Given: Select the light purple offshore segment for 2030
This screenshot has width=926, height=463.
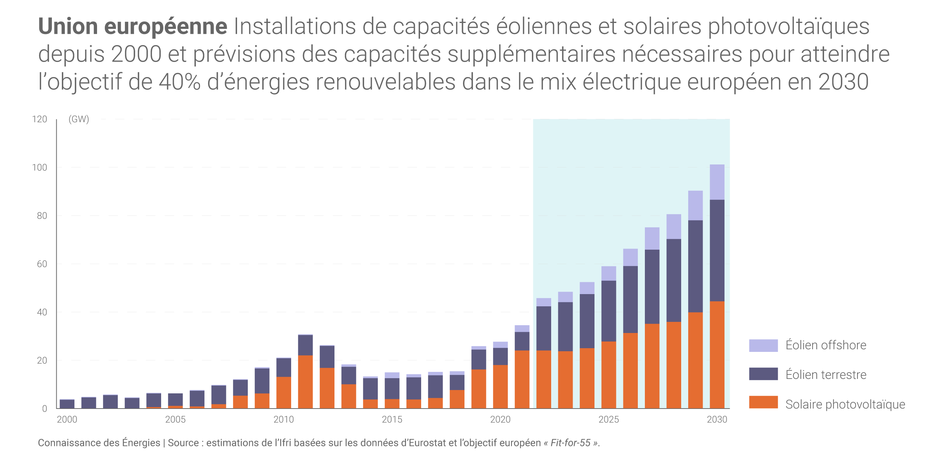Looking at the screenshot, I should (717, 182).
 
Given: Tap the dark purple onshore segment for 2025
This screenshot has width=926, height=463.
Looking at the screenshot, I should (609, 311).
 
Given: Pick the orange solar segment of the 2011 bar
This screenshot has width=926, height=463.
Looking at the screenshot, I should (305, 382).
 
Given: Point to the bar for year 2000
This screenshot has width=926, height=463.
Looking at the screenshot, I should (67, 404).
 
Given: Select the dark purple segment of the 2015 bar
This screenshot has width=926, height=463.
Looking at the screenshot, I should (392, 388).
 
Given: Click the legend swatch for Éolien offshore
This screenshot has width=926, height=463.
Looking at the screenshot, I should (763, 345).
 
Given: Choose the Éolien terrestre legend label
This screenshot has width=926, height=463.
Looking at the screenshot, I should (826, 374).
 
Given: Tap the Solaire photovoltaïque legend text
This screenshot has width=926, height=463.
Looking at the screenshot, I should (845, 404).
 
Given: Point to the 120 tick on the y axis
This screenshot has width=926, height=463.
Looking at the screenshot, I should (40, 119).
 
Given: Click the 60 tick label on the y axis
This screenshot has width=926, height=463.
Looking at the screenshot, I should (42, 264).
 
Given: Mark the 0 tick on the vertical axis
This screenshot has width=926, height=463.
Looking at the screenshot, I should (44, 409).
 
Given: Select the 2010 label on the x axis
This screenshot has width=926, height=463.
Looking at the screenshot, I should (283, 419).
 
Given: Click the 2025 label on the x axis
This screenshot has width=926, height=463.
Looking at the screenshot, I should (609, 419).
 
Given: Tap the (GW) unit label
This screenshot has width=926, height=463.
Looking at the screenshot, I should (79, 119).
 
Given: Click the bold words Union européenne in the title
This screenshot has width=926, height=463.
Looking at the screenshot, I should (133, 27).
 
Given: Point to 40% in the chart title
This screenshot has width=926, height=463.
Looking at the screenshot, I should (180, 82).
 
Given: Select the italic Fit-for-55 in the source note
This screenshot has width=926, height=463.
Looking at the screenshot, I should (570, 443).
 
